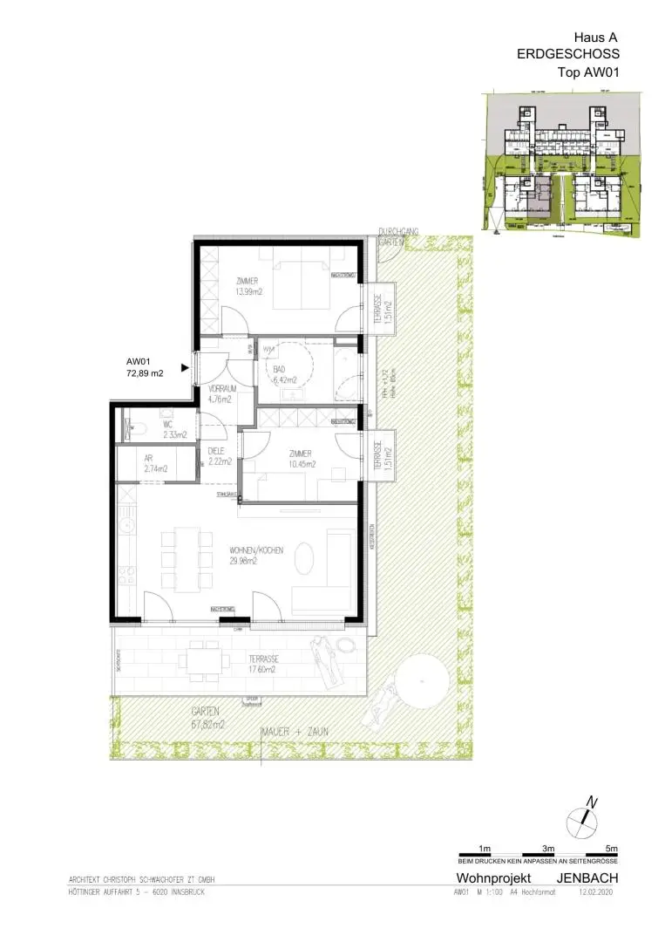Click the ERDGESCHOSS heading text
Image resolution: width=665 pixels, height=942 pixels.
tap(568, 55)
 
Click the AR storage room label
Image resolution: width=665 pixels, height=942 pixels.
tap(148, 457)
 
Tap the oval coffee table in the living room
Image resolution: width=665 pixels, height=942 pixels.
tap(305, 557)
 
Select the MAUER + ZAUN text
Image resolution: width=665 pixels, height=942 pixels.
tap(295, 732)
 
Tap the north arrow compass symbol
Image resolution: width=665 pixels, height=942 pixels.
tap(581, 820)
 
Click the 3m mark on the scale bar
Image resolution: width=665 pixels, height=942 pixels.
tap(549, 848)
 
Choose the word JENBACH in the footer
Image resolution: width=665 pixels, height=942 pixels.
tap(588, 877)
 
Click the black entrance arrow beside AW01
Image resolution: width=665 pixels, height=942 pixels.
tap(185, 368)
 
